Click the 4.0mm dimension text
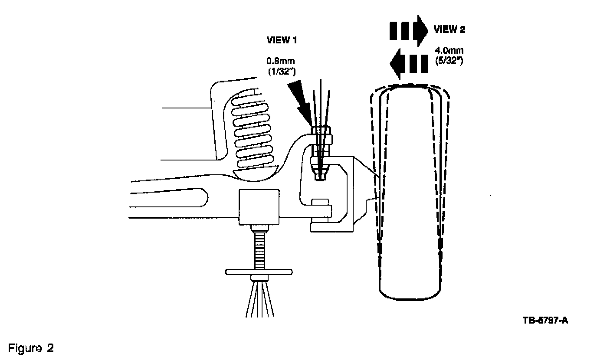pos(449,51)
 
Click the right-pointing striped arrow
pos(408,29)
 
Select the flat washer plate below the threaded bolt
pos(259,272)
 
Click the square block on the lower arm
pos(259,206)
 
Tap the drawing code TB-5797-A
pos(545,321)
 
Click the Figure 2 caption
pos(31,348)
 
